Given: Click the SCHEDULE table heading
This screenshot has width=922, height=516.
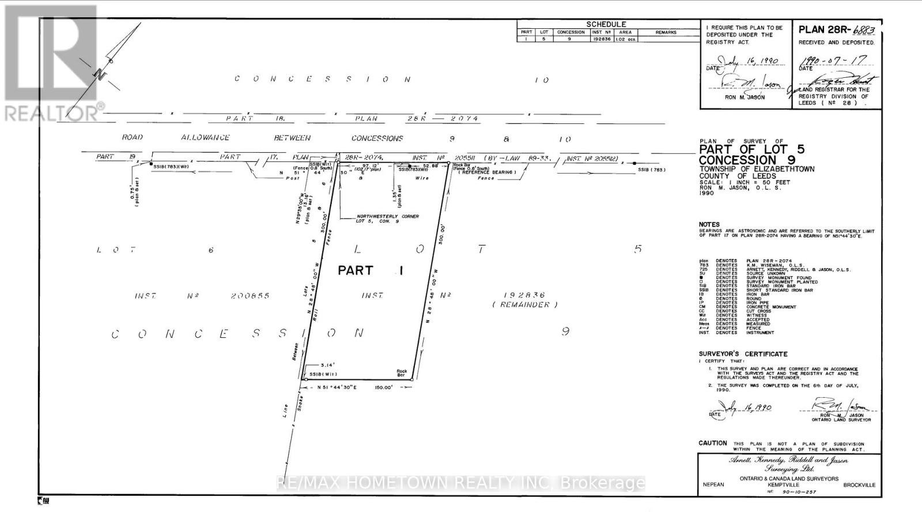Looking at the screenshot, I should pos(606,24).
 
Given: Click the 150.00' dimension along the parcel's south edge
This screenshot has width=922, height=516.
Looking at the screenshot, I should pos(383,387).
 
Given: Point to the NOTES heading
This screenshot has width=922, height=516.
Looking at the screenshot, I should pos(709,224).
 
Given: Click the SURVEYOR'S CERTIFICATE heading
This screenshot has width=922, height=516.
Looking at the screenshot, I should pos(743,354).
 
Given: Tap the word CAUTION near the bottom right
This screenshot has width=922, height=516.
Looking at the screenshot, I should pos(713,443).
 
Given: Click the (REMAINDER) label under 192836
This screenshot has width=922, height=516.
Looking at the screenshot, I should pos(525,304).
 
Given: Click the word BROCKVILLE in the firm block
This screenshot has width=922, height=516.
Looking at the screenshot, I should pos(859,485).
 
